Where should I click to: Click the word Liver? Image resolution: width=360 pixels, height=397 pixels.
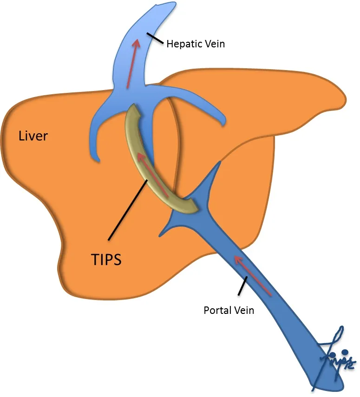coord(33,136)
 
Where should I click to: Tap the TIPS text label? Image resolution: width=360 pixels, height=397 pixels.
coord(106,259)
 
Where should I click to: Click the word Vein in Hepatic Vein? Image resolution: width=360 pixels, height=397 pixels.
coord(215,44)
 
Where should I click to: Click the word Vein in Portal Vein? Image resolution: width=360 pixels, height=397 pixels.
coord(244,310)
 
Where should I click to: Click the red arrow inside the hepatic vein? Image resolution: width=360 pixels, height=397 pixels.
coord(133,63)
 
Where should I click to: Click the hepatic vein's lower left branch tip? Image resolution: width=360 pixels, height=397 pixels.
coord(97,161)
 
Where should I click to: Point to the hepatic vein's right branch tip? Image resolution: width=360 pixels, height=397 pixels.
coord(224,124)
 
